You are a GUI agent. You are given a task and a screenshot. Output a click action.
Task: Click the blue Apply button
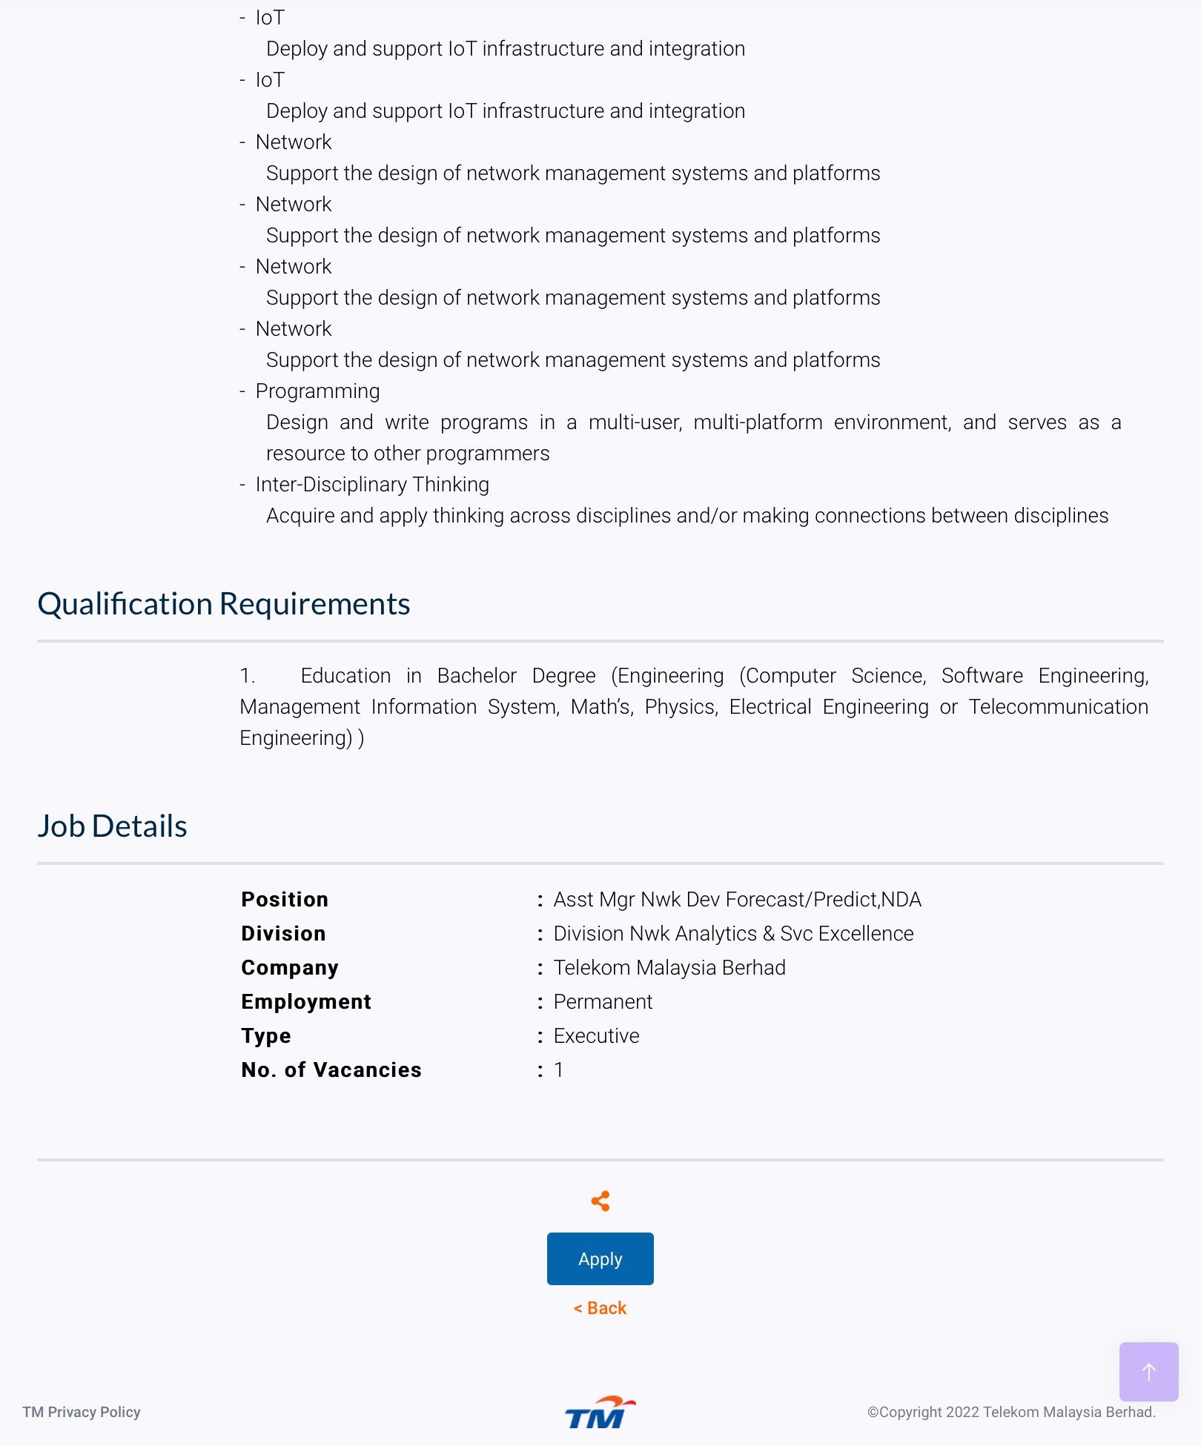600,1258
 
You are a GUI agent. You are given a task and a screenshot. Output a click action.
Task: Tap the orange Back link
600,1308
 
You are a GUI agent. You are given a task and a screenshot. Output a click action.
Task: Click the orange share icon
600,1201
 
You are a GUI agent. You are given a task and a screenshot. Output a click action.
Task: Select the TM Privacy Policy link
82,1412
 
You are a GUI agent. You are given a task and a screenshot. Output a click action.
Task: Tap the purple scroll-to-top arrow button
1148,1371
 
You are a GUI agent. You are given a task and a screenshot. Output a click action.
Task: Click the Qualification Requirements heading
224,604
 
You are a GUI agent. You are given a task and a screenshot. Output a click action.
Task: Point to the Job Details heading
113,826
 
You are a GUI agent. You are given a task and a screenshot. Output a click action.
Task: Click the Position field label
285,899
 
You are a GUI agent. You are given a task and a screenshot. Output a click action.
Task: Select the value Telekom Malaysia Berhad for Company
669,967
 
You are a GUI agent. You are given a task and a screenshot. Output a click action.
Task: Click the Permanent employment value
603,1001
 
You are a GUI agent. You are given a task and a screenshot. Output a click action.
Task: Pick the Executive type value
596,1035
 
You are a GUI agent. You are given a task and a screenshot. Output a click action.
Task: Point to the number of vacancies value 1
559,1069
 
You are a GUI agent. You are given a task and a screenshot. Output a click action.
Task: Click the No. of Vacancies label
331,1069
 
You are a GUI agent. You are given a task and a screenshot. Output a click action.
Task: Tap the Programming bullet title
317,391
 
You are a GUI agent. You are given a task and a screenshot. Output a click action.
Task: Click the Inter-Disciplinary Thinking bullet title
372,484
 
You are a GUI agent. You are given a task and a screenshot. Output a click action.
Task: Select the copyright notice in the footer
1011,1412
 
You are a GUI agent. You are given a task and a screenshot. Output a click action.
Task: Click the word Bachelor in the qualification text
477,675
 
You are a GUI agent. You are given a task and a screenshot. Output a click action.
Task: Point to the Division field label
283,933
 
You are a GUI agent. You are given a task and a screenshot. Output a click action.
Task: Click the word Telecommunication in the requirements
1058,706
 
